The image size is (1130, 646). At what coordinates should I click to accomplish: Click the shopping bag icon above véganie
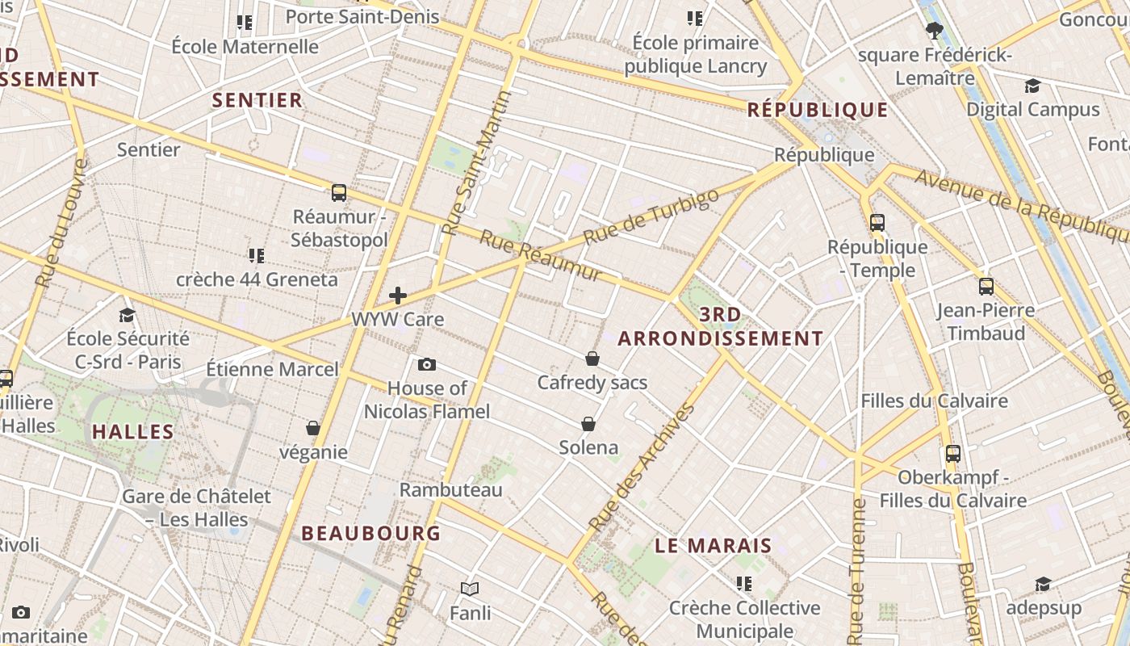point(313,427)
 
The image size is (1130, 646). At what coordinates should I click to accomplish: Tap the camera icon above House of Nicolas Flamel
point(427,364)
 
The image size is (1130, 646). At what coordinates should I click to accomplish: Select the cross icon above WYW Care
point(398,296)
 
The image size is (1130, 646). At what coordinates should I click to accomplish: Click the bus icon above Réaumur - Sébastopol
point(339,193)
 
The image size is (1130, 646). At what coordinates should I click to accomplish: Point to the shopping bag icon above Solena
point(588,423)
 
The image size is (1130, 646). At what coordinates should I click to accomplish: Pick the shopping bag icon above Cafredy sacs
point(592,358)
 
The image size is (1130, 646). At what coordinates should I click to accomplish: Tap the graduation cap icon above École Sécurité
point(127,315)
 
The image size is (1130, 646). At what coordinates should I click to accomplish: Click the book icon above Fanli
point(470,589)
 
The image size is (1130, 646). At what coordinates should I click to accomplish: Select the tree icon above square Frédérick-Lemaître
point(935,31)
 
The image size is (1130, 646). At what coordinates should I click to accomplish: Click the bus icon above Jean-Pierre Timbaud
point(986,286)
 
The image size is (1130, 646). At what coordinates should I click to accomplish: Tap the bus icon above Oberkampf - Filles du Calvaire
point(953,453)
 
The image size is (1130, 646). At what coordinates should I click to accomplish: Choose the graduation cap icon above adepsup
point(1043,584)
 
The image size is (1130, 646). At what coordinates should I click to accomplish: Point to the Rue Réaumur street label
point(541,256)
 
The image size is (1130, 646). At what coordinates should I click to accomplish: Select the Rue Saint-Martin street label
point(477,164)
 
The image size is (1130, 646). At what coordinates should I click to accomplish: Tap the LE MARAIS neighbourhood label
point(713,545)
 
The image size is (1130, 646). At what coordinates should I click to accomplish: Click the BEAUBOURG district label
point(370,533)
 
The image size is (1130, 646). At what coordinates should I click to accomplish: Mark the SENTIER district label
point(257,100)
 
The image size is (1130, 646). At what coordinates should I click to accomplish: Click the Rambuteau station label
point(451,489)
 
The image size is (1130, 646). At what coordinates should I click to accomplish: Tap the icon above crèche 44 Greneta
point(257,256)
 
